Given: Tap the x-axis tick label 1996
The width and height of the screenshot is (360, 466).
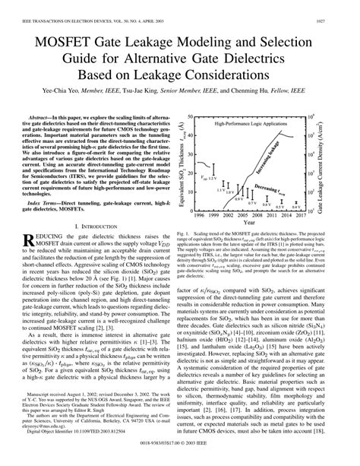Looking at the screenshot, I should click(201, 215).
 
